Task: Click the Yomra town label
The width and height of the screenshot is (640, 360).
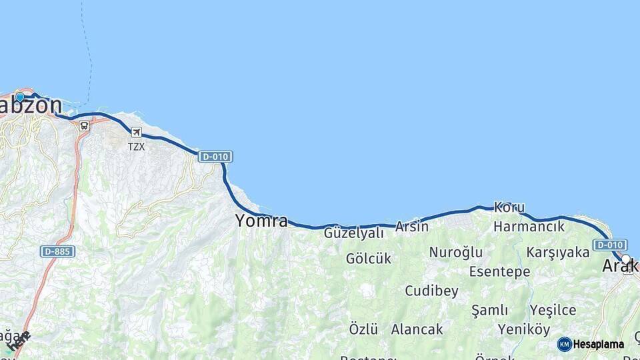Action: point(261,221)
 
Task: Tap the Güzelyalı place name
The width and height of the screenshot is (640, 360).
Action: point(354,233)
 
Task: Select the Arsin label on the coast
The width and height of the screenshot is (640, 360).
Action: point(412,227)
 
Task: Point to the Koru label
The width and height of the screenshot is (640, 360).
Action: point(509,207)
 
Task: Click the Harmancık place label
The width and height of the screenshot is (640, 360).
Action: point(529,227)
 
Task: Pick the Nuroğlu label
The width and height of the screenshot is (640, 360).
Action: point(455,252)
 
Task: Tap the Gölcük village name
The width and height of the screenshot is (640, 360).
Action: point(369,258)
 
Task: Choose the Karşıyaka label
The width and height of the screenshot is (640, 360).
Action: point(558,252)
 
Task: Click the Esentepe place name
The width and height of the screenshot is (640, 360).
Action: point(499,271)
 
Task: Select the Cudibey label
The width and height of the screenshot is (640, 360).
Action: point(432,291)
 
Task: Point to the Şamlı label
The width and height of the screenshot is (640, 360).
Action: point(489,310)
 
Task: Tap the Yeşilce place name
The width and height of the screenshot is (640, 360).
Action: point(553,310)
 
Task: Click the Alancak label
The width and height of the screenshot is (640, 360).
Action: point(417,329)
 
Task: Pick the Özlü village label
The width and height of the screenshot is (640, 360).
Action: point(363,329)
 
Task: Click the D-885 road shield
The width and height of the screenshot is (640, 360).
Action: point(57,251)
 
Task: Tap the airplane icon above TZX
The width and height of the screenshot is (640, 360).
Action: point(136,132)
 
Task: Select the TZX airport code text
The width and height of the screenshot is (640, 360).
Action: point(136,146)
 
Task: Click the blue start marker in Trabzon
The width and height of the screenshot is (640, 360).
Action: point(20,97)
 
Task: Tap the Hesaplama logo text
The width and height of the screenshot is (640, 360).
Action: point(598,345)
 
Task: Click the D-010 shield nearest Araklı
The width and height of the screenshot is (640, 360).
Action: point(610,245)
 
